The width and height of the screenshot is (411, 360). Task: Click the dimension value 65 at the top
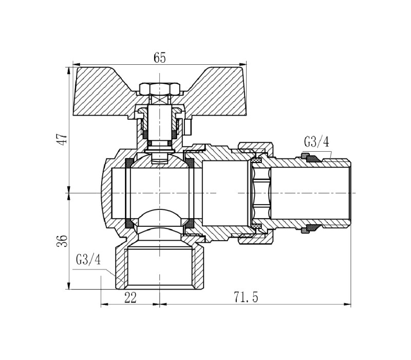[160, 58]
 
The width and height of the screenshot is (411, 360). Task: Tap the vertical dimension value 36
[62, 241]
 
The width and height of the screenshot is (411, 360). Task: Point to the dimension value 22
[130, 298]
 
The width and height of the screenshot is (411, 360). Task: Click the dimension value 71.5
[246, 297]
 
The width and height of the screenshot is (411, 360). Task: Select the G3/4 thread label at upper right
[316, 142]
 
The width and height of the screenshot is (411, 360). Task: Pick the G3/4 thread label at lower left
[88, 260]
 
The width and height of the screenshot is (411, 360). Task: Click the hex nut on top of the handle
[160, 89]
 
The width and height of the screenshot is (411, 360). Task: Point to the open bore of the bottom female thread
[160, 267]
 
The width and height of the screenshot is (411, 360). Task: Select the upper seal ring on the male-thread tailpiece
[310, 158]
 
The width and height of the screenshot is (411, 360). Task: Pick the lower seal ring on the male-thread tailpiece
[310, 229]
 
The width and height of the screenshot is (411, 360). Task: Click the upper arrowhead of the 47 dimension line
[69, 70]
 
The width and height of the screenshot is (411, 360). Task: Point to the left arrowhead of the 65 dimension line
[76, 64]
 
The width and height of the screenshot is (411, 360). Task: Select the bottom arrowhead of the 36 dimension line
[69, 286]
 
